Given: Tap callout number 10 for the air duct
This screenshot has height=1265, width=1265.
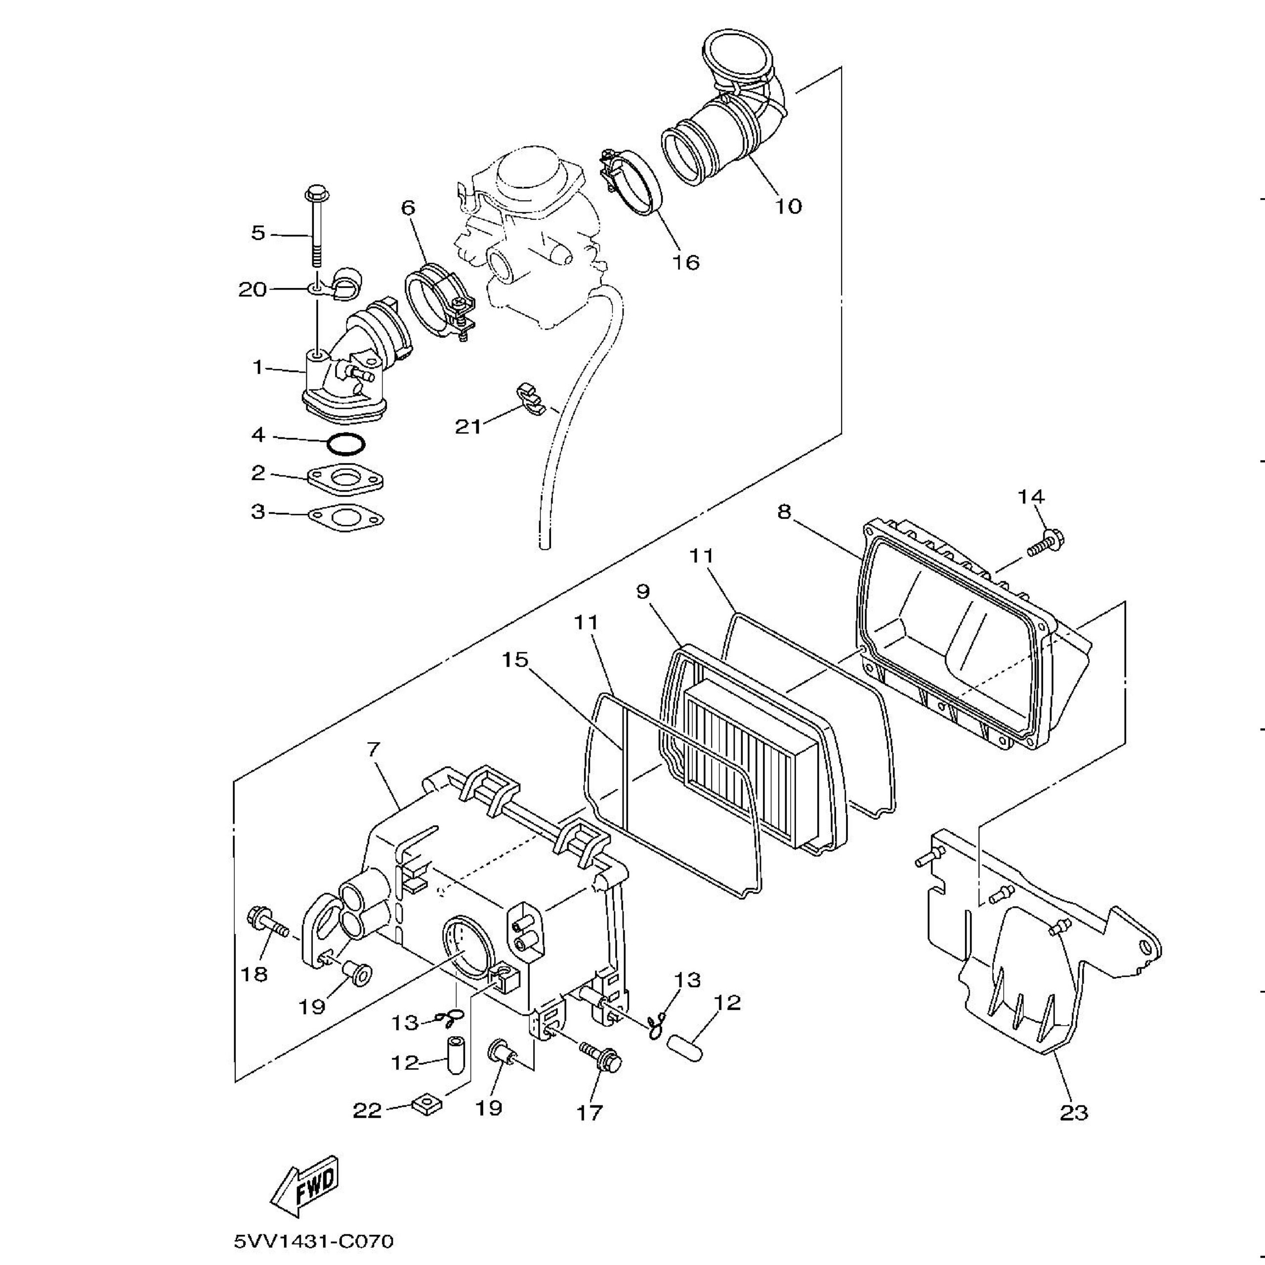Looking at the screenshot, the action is point(788,206).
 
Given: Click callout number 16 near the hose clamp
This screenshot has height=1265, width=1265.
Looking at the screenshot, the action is point(685,262).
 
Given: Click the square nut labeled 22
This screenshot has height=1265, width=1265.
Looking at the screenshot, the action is point(426,1106).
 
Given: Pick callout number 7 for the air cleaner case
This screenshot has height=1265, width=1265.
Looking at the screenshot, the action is point(374,749).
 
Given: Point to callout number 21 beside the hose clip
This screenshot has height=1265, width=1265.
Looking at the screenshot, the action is point(468,427).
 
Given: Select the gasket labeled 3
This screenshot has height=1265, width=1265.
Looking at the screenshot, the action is point(346,518).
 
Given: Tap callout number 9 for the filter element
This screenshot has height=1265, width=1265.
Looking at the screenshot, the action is point(643,592).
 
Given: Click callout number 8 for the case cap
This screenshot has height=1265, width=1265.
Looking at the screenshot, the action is point(784,511).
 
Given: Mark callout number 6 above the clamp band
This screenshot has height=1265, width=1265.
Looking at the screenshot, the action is point(408,208).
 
